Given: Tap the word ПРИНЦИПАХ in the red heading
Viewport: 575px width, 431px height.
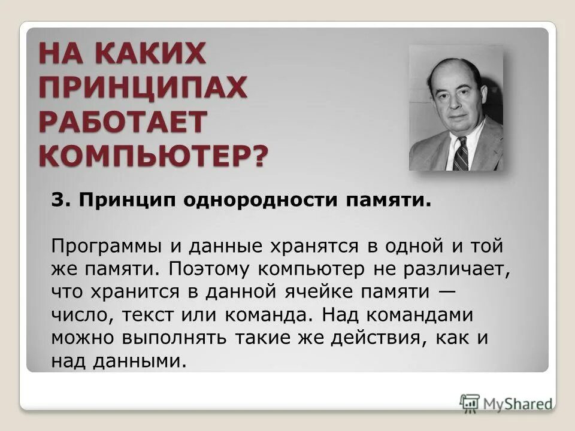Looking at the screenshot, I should [143, 89].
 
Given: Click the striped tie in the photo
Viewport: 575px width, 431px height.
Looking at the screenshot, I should [460, 154].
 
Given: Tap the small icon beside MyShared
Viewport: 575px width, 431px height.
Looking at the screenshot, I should [470, 402].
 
